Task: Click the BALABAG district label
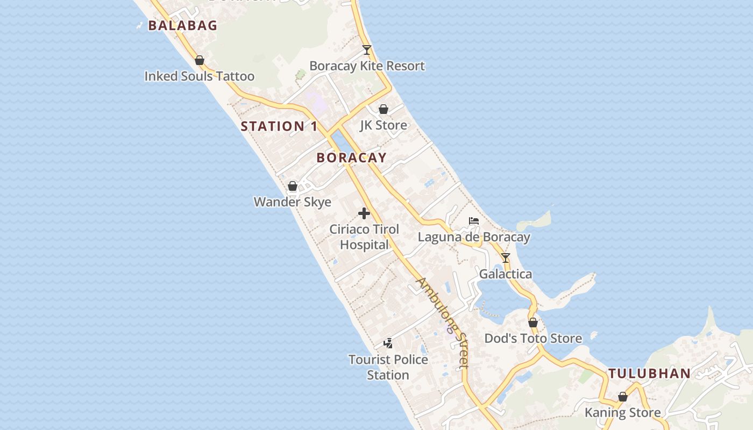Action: [x=183, y=25]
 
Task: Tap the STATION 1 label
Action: [x=279, y=126]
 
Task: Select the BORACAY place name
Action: [x=351, y=157]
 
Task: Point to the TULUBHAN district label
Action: [x=649, y=374]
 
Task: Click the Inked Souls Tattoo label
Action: [x=199, y=76]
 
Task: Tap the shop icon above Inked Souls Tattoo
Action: [x=199, y=60]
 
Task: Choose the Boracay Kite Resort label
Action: [x=367, y=66]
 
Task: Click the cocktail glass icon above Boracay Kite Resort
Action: [x=367, y=50]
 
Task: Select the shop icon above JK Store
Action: [x=383, y=110]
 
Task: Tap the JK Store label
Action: [x=383, y=125]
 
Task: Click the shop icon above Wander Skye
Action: [x=293, y=187]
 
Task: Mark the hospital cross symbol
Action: [x=364, y=213]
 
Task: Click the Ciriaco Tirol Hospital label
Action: [x=364, y=237]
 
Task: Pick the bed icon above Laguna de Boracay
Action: [x=474, y=221]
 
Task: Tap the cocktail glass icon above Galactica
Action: [x=506, y=258]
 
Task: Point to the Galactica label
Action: [x=506, y=274]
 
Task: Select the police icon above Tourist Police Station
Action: [x=388, y=343]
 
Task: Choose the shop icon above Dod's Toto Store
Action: [x=533, y=323]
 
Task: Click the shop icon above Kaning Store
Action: [x=623, y=397]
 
